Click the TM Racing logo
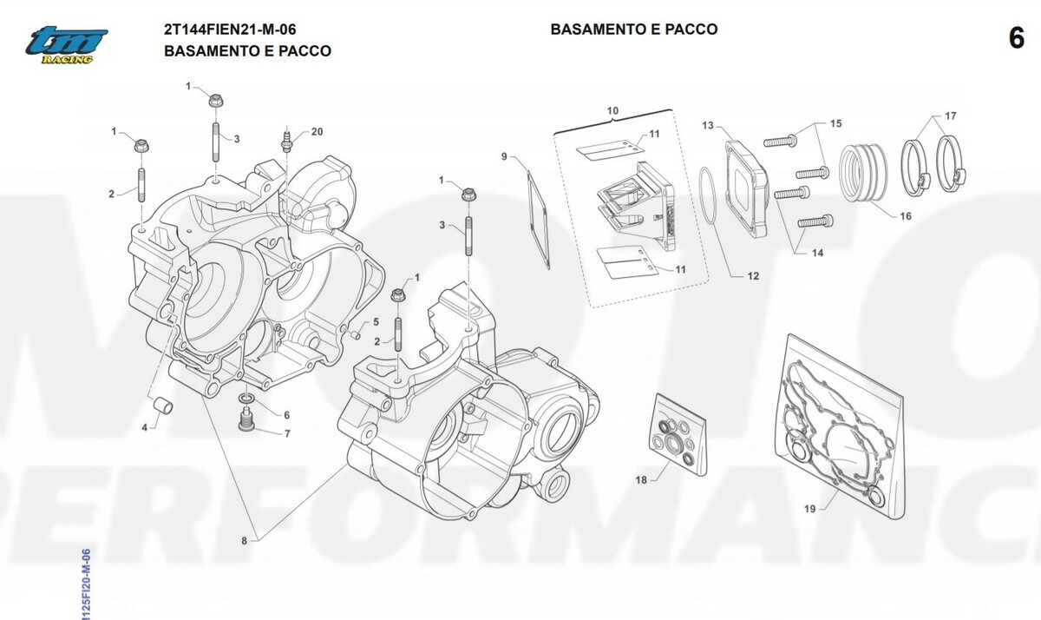[x=66, y=44]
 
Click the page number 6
[x=1016, y=39]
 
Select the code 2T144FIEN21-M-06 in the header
[x=223, y=30]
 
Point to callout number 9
[x=503, y=156]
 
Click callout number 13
[x=707, y=126]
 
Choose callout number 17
[x=951, y=116]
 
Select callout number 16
[x=905, y=216]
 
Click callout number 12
[x=752, y=276]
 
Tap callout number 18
[x=641, y=479]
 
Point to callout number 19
[x=809, y=510]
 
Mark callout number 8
[x=245, y=541]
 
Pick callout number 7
[x=286, y=432]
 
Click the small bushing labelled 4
[x=162, y=405]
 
